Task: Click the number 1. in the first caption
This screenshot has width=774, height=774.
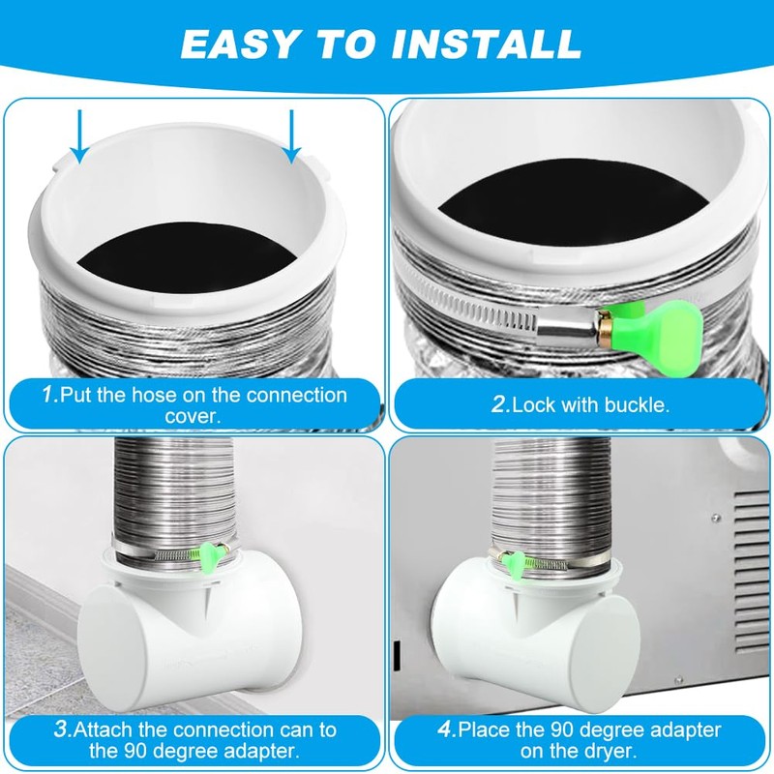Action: click(48, 396)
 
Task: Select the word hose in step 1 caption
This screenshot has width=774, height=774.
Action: click(159, 396)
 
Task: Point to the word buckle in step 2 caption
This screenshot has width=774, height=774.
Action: click(636, 405)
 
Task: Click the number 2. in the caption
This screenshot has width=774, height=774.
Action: click(499, 405)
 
